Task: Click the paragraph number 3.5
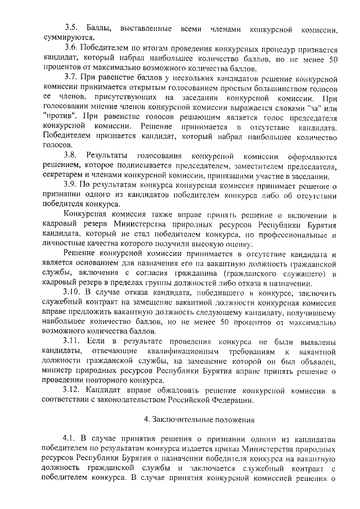(71, 28)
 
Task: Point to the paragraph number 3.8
(71, 155)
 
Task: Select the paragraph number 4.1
(71, 438)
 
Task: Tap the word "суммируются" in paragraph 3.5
(65, 38)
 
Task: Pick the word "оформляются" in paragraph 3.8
(309, 155)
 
